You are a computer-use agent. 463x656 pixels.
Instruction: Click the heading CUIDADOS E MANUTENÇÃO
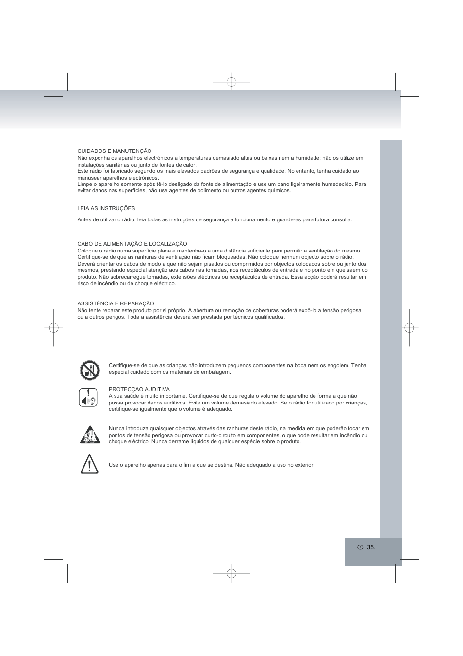pyautogui.click(x=114, y=151)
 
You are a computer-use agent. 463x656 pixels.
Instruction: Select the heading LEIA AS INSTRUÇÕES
pyautogui.click(x=106, y=208)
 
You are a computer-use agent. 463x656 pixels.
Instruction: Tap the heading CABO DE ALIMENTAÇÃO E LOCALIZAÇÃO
pyautogui.click(x=132, y=244)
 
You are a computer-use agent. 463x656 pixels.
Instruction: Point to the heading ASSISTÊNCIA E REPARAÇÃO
pyautogui.click(x=116, y=303)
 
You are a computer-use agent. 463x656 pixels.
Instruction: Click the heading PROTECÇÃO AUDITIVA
pyautogui.click(x=139, y=389)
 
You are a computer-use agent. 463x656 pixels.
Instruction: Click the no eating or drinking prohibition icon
pyautogui.click(x=90, y=370)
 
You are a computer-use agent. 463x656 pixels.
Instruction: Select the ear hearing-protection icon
pyautogui.click(x=88, y=398)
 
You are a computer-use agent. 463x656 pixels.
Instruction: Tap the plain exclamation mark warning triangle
pyautogui.click(x=89, y=464)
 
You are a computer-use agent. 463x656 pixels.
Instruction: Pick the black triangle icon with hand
pyautogui.click(x=90, y=435)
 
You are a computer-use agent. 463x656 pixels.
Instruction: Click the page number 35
pyautogui.click(x=371, y=547)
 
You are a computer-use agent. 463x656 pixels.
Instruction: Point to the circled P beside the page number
pyautogui.click(x=360, y=547)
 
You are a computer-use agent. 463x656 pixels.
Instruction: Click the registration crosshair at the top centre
pyautogui.click(x=231, y=82)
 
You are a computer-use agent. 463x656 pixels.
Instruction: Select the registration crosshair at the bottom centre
pyautogui.click(x=231, y=573)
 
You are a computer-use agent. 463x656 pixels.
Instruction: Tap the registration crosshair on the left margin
pyautogui.click(x=54, y=328)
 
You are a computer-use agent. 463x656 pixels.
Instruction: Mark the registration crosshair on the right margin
pyautogui.click(x=409, y=328)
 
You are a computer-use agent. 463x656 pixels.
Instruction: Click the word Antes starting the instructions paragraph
pyautogui.click(x=84, y=219)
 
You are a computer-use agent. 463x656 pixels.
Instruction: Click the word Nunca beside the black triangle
pyautogui.click(x=116, y=428)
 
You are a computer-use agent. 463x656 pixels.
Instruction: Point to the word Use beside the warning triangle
pyautogui.click(x=113, y=465)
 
